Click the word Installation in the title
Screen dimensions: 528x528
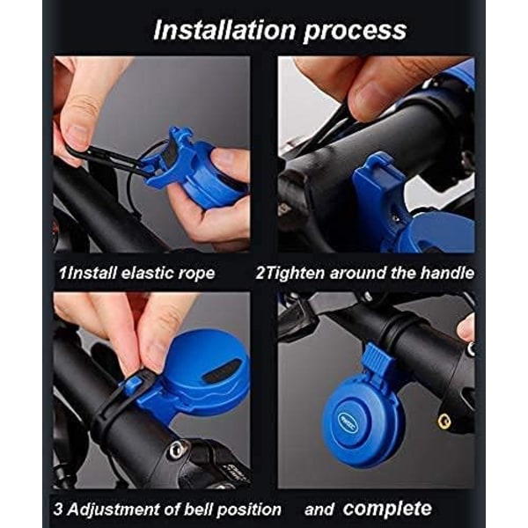coord(224,30)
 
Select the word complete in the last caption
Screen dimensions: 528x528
coord(387,509)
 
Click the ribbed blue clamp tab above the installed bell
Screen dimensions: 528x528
coord(378,356)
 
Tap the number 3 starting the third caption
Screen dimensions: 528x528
coord(58,509)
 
